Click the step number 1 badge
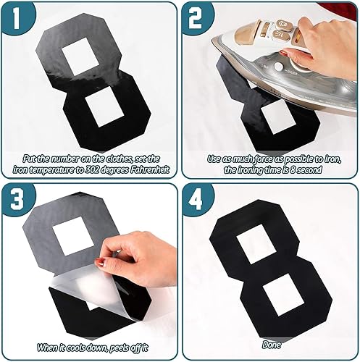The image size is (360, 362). tap(17, 17)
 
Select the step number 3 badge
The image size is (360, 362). tap(17, 199)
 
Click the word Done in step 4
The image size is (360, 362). tap(272, 345)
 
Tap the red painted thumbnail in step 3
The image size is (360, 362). tap(100, 262)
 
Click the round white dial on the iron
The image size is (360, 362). tap(280, 67)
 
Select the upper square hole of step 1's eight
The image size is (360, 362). tap(80, 57)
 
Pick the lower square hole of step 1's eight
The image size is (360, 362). tap(104, 107)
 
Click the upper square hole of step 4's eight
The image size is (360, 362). tap(256, 244)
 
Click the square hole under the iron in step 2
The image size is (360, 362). tap(278, 117)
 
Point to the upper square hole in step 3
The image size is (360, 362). tap(72, 236)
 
